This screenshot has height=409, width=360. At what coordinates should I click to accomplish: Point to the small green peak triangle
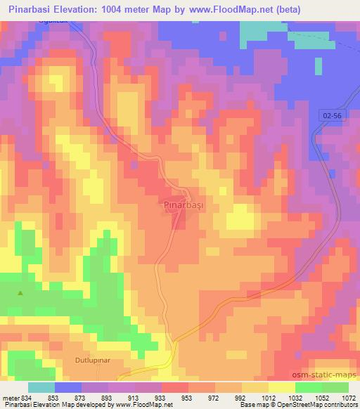pyautogui.click(x=20, y=293)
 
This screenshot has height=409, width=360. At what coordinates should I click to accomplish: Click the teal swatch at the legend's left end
pyautogui.click(x=41, y=387)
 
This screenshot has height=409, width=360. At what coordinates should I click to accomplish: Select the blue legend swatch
pyautogui.click(x=67, y=387)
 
